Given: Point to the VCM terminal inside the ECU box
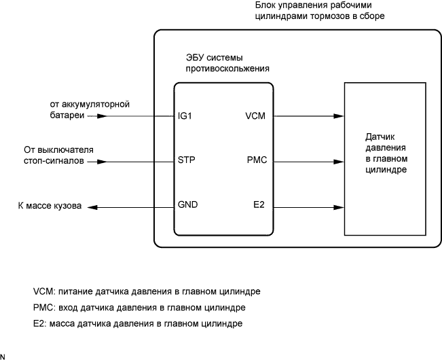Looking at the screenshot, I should coord(255,115).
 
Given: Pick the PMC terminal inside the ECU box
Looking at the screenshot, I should coord(256,161).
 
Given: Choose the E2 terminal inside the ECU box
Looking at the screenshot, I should coord(258,204).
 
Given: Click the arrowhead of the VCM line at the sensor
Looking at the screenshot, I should coord(338,115).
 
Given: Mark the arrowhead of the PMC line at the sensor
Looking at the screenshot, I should coord(338,161).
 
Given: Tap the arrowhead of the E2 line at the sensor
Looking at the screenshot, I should coord(338,204).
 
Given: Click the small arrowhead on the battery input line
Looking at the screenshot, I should coord(101,115).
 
